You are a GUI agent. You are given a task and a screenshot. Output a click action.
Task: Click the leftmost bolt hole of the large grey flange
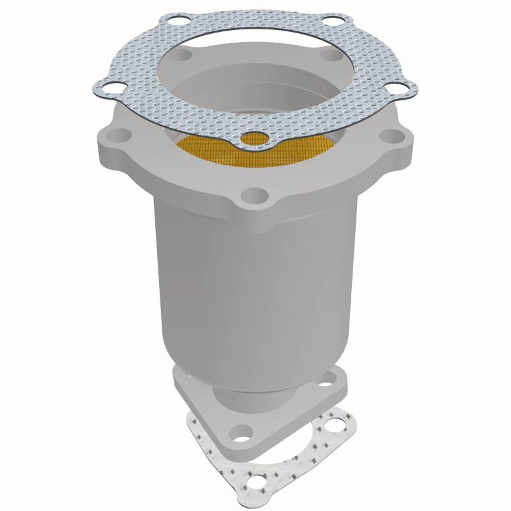click(x=119, y=135)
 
